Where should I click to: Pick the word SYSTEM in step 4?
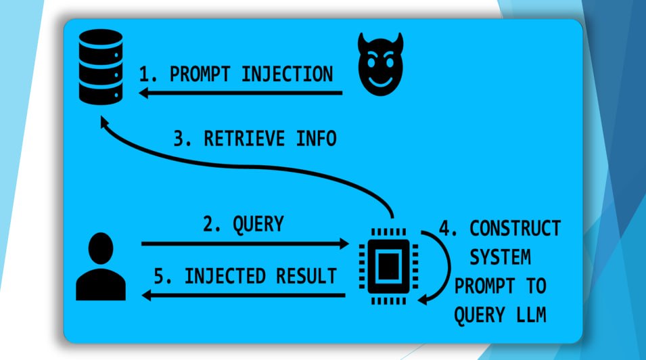pyautogui.click(x=500, y=258)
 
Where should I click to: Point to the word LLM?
pyautogui.click(x=530, y=316)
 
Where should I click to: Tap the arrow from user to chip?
pyautogui.click(x=244, y=243)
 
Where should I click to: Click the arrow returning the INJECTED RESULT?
pyautogui.click(x=244, y=295)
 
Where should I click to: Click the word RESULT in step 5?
pyautogui.click(x=308, y=276)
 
